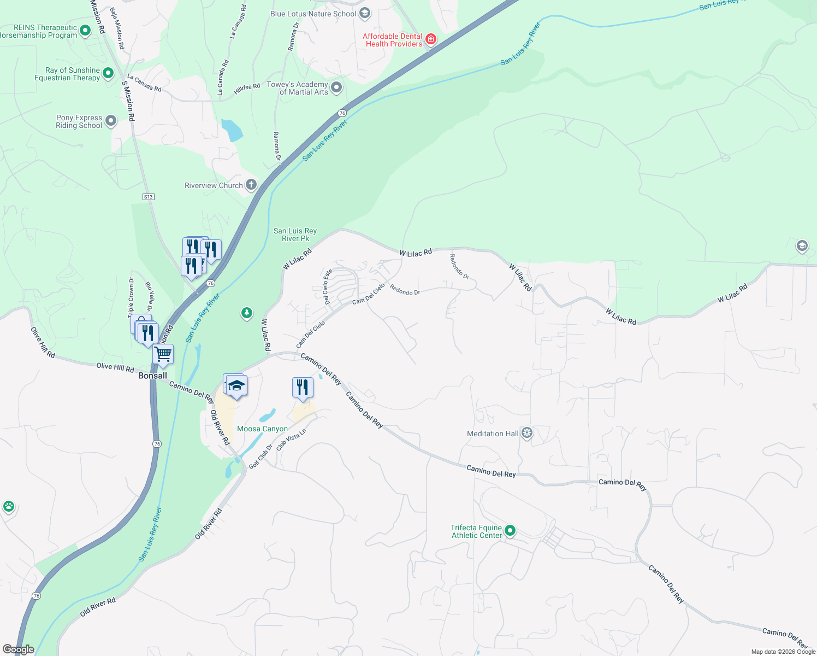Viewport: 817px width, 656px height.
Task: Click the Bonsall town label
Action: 152,376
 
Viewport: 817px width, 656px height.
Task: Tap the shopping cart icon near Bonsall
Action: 163,354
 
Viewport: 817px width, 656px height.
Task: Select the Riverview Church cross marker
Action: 251,185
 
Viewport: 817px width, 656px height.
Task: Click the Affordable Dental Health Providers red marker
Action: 431,39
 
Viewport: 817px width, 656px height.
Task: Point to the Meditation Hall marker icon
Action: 527,434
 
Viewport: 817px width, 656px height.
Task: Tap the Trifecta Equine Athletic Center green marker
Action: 510,531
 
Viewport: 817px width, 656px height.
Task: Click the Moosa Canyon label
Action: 262,429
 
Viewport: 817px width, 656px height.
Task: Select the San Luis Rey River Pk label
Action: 295,235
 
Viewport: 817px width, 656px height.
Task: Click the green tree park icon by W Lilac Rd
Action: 247,313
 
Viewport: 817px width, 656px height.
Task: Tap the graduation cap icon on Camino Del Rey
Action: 237,385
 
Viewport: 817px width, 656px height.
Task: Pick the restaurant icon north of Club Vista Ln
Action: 303,388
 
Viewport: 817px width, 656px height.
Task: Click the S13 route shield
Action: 149,197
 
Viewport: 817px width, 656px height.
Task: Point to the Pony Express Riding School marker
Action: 111,121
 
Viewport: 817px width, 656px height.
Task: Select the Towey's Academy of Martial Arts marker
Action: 336,87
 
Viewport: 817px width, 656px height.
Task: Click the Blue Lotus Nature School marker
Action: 365,13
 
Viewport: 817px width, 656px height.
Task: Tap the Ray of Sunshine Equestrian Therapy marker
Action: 108,73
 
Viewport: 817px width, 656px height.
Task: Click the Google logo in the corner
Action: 18,649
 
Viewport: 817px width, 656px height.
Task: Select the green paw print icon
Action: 9,506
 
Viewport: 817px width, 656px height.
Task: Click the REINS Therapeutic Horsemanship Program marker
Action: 85,31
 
